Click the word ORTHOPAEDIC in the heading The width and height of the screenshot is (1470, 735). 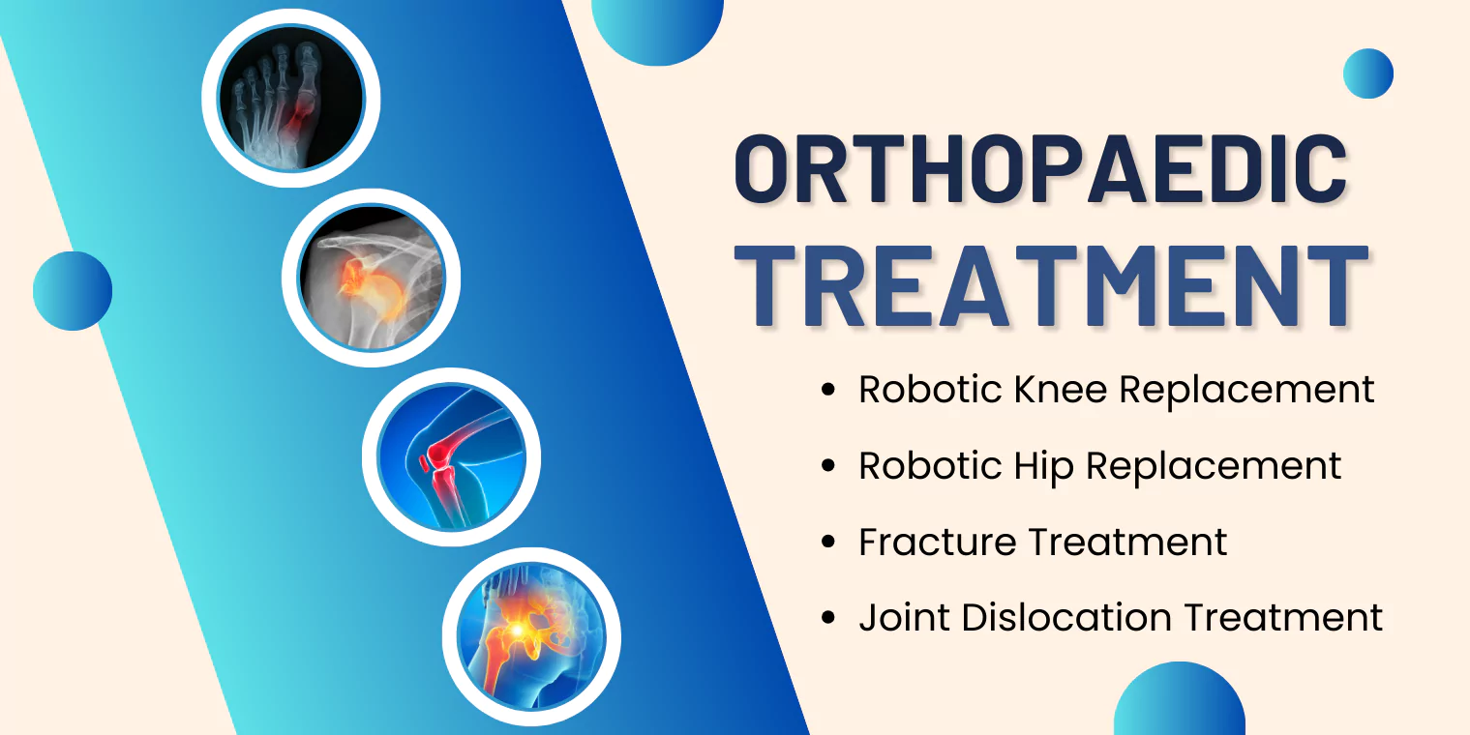(x=1041, y=168)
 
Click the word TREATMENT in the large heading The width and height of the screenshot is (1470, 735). (x=1051, y=286)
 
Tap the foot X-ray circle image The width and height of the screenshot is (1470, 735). (x=290, y=99)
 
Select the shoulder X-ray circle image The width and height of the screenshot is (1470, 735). (x=372, y=278)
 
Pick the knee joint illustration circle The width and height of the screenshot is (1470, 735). (x=452, y=457)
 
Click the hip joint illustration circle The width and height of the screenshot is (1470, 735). (x=531, y=636)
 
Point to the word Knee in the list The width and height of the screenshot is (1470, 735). (x=1061, y=389)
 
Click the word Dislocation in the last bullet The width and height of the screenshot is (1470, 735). (x=1066, y=618)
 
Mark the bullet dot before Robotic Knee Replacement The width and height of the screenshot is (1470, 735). (x=828, y=390)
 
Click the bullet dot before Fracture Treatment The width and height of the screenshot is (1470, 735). (x=828, y=542)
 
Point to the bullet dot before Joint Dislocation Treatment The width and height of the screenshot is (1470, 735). (x=828, y=618)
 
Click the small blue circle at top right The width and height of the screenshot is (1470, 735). (x=1368, y=73)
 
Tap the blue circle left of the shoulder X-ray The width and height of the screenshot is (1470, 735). (x=73, y=290)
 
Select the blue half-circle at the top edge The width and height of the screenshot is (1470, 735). (x=657, y=30)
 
